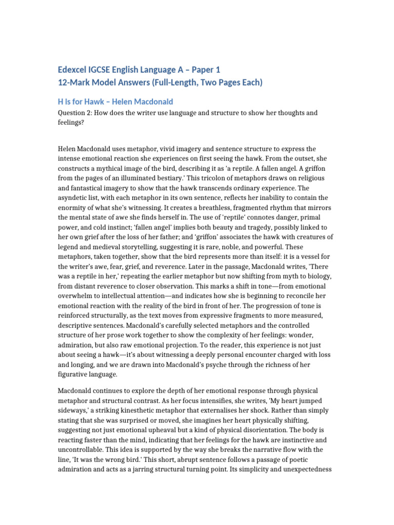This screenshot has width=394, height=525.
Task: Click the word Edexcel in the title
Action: point(75,69)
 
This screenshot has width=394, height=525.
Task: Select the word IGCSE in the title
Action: point(109,69)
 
